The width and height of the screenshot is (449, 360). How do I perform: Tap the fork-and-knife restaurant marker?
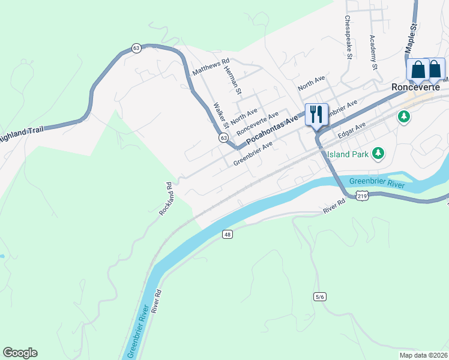coord(316,114)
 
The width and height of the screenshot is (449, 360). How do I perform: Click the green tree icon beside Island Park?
coord(378,154)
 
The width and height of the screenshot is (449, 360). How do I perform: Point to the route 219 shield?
coord(361,196)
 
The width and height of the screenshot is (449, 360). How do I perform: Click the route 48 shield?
coord(226,234)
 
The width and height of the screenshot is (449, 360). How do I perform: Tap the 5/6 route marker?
coord(319,296)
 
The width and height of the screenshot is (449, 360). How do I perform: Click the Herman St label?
coord(232,80)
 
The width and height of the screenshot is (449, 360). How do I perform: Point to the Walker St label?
coord(221,115)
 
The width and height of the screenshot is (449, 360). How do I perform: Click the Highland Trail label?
coord(22,134)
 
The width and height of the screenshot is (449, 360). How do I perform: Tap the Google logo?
coord(20,353)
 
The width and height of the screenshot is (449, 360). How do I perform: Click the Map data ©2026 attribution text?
coord(423,355)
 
